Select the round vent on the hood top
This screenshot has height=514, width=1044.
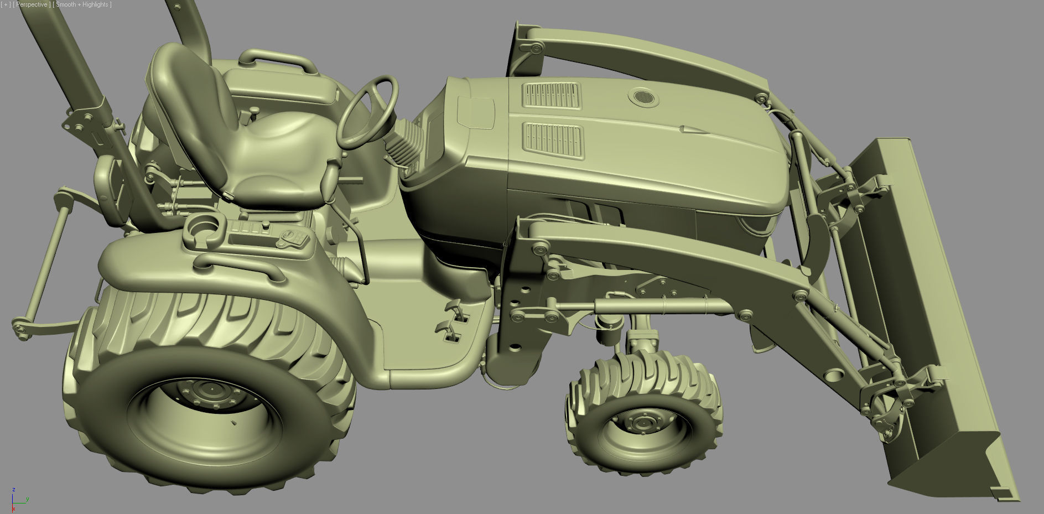point(643,98)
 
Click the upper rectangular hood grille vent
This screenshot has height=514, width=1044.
point(552,95)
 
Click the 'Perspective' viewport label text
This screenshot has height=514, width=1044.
point(32,4)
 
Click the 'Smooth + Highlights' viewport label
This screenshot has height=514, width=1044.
point(82,4)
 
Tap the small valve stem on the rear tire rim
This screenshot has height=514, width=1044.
point(234,423)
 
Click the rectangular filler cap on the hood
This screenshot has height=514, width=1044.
point(476,113)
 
